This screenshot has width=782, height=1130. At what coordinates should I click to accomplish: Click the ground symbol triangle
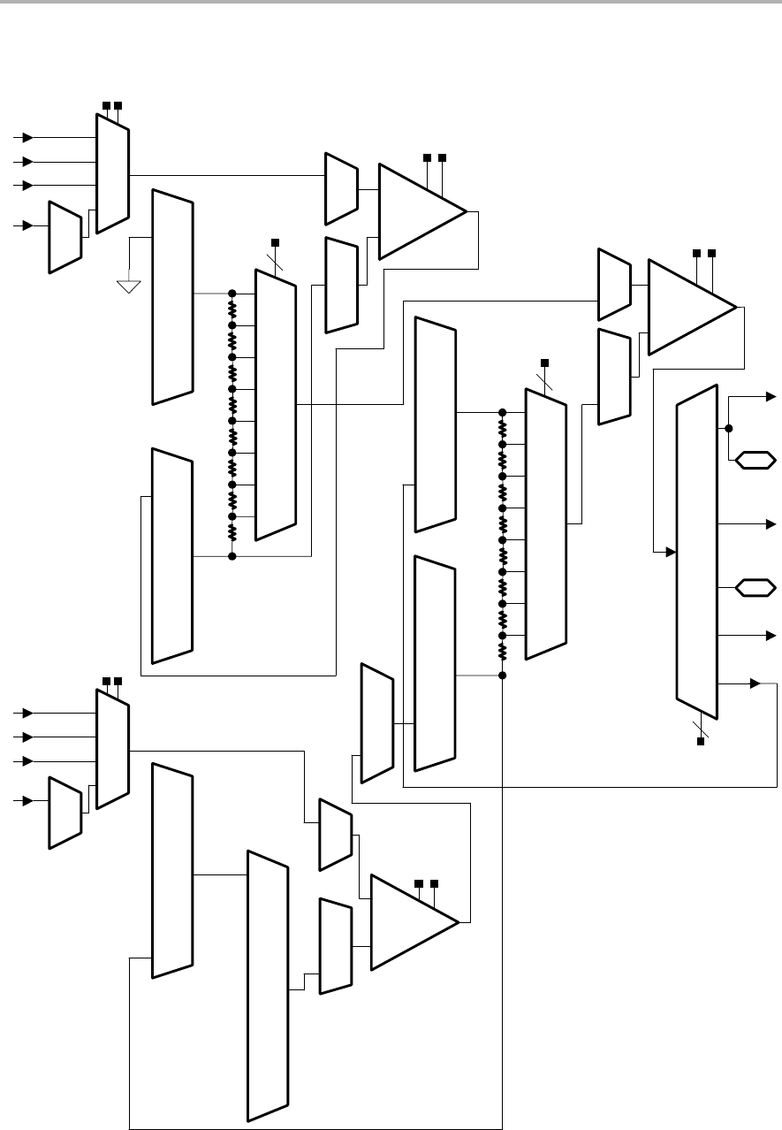click(129, 286)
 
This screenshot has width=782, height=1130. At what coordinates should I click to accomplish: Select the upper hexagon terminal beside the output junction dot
click(756, 460)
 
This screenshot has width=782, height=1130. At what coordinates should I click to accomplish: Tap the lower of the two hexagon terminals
click(756, 586)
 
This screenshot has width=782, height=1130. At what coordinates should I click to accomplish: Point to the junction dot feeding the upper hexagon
click(729, 428)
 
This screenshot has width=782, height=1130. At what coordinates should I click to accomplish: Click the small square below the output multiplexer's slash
click(701, 741)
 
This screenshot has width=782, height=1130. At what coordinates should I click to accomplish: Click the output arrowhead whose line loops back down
click(755, 683)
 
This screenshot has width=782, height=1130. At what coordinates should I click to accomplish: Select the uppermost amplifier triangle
click(421, 211)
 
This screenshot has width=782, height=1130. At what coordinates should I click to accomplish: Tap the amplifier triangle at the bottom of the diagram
click(414, 922)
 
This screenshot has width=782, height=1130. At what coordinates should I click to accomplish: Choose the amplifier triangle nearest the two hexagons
click(691, 306)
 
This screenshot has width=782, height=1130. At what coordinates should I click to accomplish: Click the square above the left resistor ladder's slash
click(274, 242)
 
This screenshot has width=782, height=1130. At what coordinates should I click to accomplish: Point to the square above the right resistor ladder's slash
click(544, 362)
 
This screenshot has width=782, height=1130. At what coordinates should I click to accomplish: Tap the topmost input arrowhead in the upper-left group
click(28, 138)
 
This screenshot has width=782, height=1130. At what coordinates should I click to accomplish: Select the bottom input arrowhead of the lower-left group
click(28, 800)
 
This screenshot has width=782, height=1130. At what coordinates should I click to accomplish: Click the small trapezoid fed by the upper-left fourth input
click(65, 236)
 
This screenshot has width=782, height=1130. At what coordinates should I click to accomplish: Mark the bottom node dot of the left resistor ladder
click(232, 556)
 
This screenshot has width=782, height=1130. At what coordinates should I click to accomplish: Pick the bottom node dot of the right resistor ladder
click(503, 676)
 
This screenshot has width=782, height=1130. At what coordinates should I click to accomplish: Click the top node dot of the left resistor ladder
click(232, 294)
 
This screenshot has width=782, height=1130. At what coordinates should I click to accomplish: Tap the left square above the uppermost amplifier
click(426, 157)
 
